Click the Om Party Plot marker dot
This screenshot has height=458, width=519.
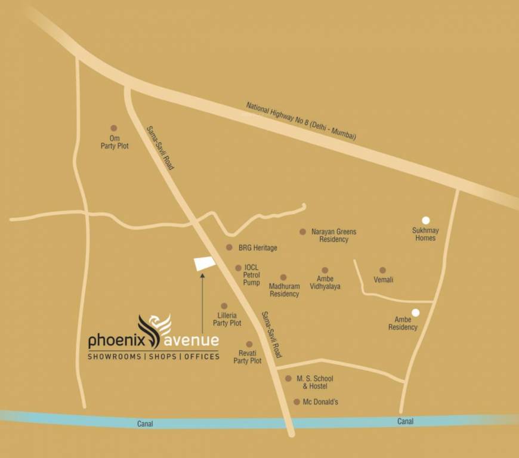114,128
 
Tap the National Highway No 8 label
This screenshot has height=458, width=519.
301,121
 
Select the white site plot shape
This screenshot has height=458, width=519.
205,264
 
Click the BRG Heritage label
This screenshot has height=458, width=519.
258,247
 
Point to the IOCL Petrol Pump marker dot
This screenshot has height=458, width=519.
239,268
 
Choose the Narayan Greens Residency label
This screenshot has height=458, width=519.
333,236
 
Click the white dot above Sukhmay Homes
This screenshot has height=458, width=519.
426,220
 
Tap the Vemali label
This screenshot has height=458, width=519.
383,280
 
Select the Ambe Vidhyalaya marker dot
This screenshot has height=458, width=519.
325,270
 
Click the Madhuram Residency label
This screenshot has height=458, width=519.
284,290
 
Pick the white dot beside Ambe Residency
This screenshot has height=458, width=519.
416,312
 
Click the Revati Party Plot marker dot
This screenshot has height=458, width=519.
249,345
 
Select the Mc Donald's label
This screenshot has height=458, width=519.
320,402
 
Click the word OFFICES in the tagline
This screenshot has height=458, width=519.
202,357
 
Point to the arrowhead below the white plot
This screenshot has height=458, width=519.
202,276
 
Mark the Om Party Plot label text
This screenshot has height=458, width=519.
115,142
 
